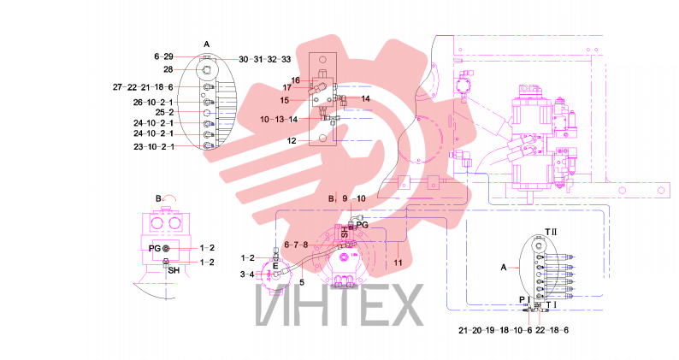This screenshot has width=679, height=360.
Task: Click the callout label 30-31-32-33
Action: pyautogui.click(x=264, y=59)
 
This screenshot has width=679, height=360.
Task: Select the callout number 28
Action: pyautogui.click(x=168, y=70)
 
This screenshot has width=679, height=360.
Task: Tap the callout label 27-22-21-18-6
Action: pyautogui.click(x=143, y=87)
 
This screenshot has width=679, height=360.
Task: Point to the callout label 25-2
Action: pyautogui.click(x=165, y=112)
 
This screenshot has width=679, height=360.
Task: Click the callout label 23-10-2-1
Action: pyautogui.click(x=154, y=147)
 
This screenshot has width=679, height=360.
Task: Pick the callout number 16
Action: pyautogui.click(x=295, y=80)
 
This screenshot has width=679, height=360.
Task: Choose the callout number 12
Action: pyautogui.click(x=292, y=141)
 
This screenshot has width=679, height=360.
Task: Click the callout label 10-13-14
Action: pyautogui.click(x=279, y=119)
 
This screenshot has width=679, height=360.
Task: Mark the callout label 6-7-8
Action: pyautogui.click(x=296, y=245)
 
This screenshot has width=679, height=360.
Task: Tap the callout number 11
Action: pyautogui.click(x=398, y=263)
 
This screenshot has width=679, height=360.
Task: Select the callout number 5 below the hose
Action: pyautogui.click(x=302, y=282)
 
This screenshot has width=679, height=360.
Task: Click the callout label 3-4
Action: pyautogui.click(x=248, y=274)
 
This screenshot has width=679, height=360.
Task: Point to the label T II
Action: pyautogui.click(x=551, y=233)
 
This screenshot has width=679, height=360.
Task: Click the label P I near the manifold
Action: pyautogui.click(x=524, y=299)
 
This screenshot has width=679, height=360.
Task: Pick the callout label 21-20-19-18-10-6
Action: pyautogui.click(x=495, y=330)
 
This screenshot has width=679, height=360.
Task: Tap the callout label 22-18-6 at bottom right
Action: pyautogui.click(x=552, y=330)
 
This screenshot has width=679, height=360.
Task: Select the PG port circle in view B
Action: pyautogui.click(x=166, y=248)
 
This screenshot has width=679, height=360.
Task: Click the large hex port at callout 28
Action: pyautogui.click(x=205, y=70)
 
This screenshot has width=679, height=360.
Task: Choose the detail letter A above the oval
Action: pyautogui.click(x=207, y=44)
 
